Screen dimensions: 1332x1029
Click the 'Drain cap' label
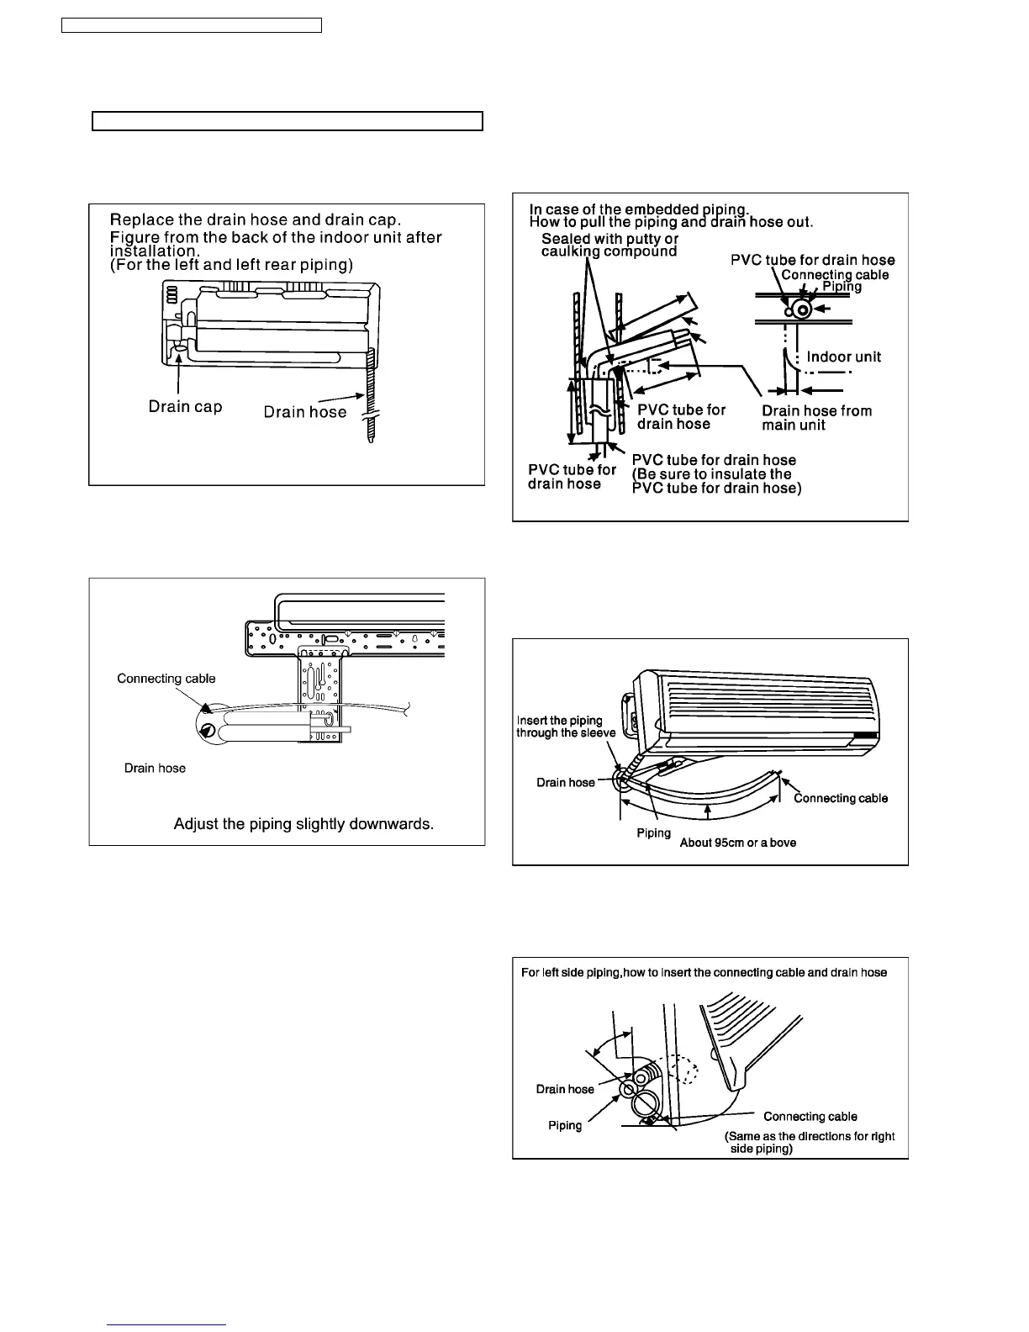pos(185,407)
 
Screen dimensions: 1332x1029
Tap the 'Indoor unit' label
pos(843,357)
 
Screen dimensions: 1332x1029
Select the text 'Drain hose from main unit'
pos(816,418)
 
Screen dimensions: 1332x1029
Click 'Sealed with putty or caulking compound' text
pos(609,246)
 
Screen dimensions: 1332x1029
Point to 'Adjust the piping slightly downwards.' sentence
pos(303,823)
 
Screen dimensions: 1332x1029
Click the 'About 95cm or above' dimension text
pos(737,843)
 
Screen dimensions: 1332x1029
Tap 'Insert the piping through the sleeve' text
pos(566,727)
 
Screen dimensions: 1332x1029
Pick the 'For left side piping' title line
pos(704,973)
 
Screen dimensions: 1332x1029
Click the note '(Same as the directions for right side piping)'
pos(809,1142)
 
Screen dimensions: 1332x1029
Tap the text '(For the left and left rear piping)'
pos(231,265)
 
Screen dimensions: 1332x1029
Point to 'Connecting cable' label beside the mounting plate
pos(166,679)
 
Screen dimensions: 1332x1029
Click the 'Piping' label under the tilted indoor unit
pos(653,832)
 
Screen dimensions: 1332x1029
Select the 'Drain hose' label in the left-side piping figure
pos(565,1089)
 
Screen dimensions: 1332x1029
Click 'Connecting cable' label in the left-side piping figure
pos(810,1117)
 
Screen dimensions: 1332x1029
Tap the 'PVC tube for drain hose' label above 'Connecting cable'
pos(812,260)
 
